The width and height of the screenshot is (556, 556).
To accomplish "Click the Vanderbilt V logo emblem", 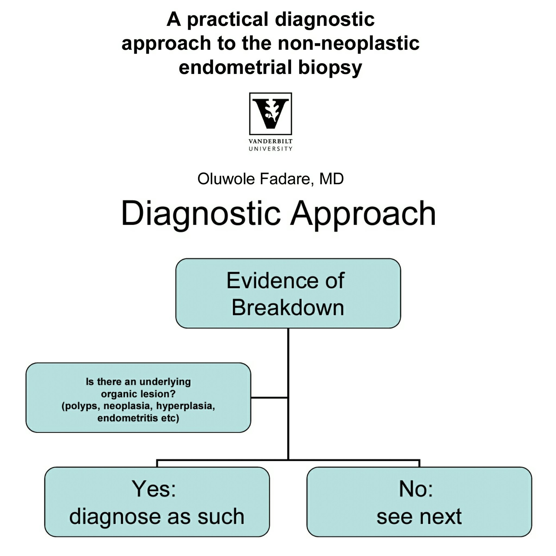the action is pos(270,114).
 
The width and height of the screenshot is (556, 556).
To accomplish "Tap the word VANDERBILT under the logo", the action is pos(270,141).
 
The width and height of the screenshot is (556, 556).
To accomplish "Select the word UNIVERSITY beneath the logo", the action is pos(270,149).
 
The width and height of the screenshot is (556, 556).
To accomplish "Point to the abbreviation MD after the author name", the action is pos(331,179).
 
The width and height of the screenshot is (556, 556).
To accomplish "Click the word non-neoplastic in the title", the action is pos(349,43).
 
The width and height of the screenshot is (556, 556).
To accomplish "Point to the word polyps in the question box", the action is pos(81,406).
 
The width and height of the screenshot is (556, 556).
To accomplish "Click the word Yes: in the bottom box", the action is pos(154,489).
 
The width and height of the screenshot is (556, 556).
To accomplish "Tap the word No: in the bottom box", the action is pos(416,489).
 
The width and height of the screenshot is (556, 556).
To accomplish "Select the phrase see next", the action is pos(419,517).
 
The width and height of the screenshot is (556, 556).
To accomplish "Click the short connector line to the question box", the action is pos(269,397).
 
